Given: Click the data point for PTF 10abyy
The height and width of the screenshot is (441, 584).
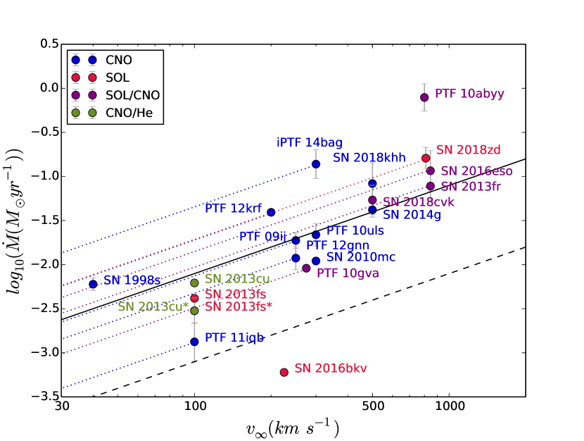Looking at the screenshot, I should point(424,97).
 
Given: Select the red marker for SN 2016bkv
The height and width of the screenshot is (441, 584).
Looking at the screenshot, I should point(284,372).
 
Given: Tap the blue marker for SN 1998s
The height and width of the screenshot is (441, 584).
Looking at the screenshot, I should point(93,284).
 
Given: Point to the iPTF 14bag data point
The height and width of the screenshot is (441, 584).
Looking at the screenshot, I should point(316,164).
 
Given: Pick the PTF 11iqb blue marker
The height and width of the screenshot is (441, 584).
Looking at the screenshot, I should point(195,342).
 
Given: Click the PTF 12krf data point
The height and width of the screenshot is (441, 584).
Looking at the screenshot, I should point(271,212).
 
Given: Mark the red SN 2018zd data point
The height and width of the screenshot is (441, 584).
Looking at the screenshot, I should point(426,159).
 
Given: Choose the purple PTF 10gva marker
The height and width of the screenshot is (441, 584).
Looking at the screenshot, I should point(306,268).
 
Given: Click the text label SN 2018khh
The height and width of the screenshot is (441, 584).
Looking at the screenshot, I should point(369,158).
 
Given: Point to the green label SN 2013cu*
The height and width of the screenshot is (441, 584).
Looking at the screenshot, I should point(153,306).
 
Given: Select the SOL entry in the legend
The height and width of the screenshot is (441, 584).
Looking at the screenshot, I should point(117,77).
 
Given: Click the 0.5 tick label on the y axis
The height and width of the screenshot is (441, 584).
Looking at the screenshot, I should point(49,44).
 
